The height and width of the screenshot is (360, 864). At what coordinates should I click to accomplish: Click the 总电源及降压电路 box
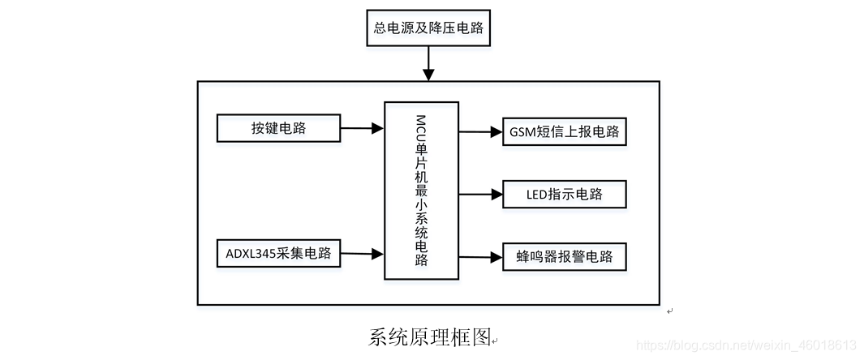pyautogui.click(x=428, y=29)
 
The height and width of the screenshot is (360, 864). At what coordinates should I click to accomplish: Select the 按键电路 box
pyautogui.click(x=277, y=128)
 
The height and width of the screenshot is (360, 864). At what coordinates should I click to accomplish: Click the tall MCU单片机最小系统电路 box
pyautogui.click(x=421, y=191)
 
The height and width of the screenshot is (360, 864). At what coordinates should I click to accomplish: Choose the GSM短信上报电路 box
pyautogui.click(x=565, y=131)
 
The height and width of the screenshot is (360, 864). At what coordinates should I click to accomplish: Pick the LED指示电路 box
pyautogui.click(x=565, y=195)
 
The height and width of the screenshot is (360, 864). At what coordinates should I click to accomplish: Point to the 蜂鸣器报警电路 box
pyautogui.click(x=565, y=257)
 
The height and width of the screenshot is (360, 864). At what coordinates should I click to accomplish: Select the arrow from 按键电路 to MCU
pyautogui.click(x=361, y=128)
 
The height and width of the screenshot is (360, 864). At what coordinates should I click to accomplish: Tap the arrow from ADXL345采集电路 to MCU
pyautogui.click(x=361, y=254)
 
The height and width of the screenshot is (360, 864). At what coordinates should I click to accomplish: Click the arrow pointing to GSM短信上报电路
pyautogui.click(x=480, y=131)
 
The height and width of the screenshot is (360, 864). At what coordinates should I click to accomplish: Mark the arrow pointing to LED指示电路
pyautogui.click(x=480, y=195)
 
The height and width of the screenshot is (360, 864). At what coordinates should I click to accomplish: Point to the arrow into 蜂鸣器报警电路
pyautogui.click(x=480, y=258)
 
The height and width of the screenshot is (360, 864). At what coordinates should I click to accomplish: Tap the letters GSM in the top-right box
pyautogui.click(x=523, y=131)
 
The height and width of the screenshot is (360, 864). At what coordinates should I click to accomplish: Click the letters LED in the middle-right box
pyautogui.click(x=536, y=195)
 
